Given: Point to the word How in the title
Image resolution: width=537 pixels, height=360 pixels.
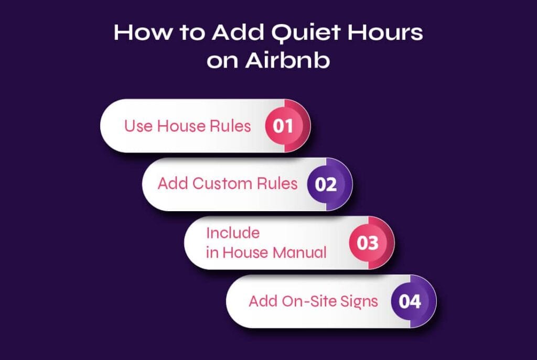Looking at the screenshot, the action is (144, 32).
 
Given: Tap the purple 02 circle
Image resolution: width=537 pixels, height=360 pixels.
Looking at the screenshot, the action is (326, 184).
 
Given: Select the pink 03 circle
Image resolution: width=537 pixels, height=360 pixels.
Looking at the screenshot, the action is (368, 243).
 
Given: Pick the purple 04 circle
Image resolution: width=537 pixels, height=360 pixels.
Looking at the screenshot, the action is (410, 301).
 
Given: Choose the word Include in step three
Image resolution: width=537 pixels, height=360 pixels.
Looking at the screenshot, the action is (233, 233).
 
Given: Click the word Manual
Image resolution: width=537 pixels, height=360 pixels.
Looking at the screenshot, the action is (299, 253).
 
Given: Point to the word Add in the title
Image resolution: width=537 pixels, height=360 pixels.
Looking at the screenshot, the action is (238, 32).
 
